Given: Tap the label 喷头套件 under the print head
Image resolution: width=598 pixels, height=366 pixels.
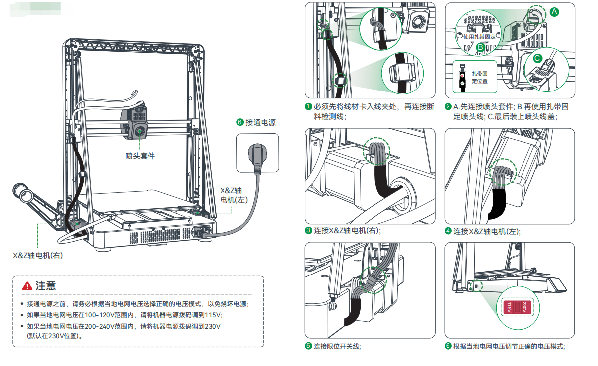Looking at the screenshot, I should (140, 156).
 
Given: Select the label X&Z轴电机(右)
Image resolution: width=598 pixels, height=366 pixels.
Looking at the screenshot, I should (38, 255).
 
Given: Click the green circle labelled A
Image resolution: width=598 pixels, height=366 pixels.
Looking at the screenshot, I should (555, 11).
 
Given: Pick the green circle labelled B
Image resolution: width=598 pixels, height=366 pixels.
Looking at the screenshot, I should (481, 47).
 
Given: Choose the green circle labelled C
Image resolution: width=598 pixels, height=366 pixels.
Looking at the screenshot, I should (537, 58).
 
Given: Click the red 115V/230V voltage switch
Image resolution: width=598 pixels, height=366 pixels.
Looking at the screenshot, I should (517, 307).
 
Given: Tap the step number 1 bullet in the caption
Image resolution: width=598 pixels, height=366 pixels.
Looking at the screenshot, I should (308, 106).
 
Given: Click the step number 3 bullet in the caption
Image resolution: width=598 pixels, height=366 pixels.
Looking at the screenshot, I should (308, 231).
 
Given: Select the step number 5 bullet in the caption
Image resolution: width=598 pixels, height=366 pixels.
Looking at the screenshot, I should (308, 346).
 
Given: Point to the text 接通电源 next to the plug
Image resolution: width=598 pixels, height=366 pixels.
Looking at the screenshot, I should (260, 122).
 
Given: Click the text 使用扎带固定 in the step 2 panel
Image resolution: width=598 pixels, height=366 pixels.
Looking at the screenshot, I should (479, 37).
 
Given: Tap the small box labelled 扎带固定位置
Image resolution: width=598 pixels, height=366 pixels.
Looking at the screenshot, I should (475, 77).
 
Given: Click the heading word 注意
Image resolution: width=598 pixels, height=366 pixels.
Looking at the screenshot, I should (46, 286).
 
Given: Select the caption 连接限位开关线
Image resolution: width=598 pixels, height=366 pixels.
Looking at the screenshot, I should (337, 346).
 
